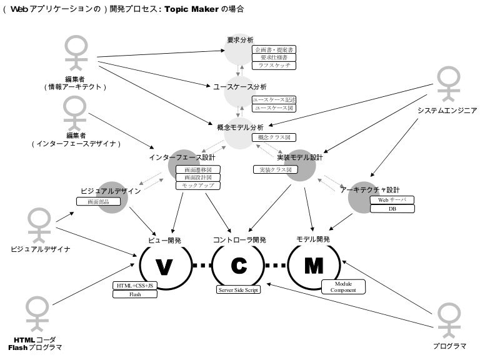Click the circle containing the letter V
[163, 266]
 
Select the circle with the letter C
[239, 266]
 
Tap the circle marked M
[314, 266]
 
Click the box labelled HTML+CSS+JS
[135, 286]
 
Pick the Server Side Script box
[239, 289]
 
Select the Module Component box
[343, 287]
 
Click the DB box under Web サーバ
[392, 209]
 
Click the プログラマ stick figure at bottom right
[449, 320]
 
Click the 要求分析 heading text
[240, 41]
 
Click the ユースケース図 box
[274, 108]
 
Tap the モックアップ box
[198, 186]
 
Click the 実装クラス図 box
[276, 169]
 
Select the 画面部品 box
[98, 201]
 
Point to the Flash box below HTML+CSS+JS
[135, 294]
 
